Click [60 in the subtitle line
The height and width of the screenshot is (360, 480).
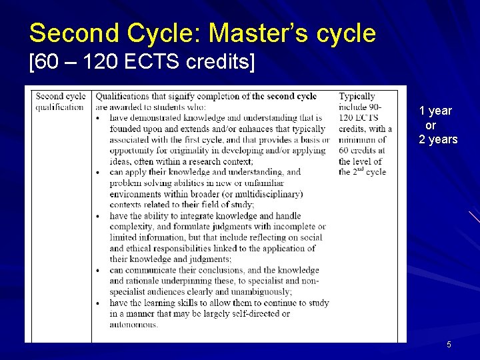coord(43,63)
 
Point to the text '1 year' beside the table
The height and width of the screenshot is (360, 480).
coord(435,111)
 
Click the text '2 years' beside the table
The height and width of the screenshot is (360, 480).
coord(438,139)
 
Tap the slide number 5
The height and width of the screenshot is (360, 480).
coord(449,345)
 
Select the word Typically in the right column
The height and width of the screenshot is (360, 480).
coord(357,97)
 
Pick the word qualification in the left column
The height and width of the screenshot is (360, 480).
coord(60,107)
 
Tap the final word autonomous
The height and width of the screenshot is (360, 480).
coord(134,325)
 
